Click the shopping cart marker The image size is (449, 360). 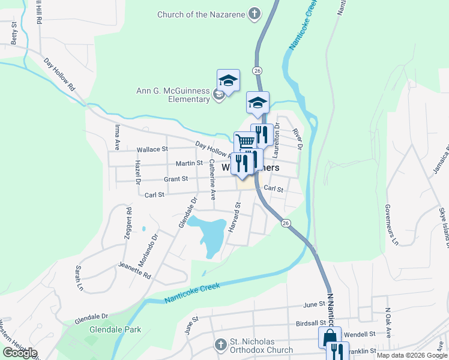coord(244,142)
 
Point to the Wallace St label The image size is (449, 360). coord(152,149)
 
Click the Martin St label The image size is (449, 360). coord(188,163)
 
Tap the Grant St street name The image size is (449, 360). coord(176,179)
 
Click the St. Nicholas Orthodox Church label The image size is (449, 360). coord(262,346)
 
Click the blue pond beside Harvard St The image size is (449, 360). coord(210,236)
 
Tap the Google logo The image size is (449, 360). coord(20,353)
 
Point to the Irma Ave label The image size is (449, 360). coord(117,137)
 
